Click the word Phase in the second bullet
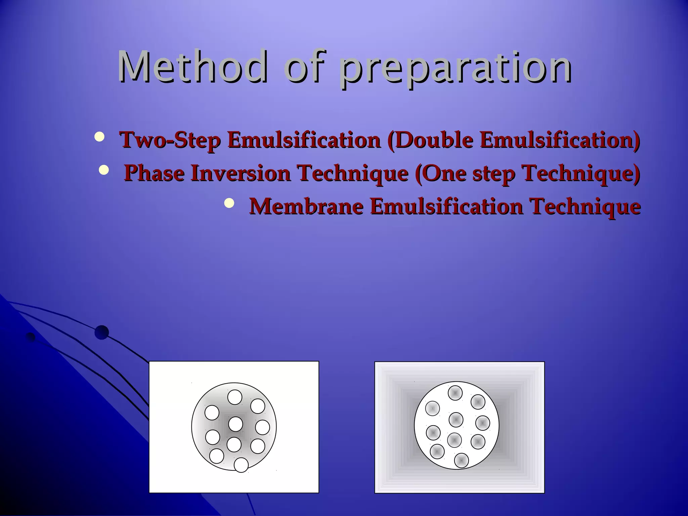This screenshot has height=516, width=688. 154,173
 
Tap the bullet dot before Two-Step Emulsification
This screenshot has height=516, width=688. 99,137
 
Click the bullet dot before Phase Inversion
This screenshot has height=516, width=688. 104,170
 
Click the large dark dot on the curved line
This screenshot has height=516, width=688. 101,333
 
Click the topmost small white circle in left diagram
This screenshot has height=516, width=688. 235,397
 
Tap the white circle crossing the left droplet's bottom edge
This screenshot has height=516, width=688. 241,465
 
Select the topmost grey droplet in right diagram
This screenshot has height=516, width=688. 455,393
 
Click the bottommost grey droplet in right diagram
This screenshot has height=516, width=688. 461,460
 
